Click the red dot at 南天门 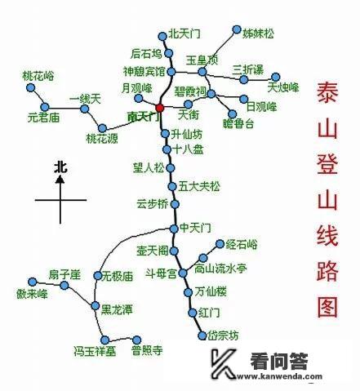(159, 108)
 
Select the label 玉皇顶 (202, 60)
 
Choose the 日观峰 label (262, 107)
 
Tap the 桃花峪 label (38, 75)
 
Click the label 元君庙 (42, 118)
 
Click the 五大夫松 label (200, 186)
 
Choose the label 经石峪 (242, 244)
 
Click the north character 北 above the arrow (60, 167)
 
